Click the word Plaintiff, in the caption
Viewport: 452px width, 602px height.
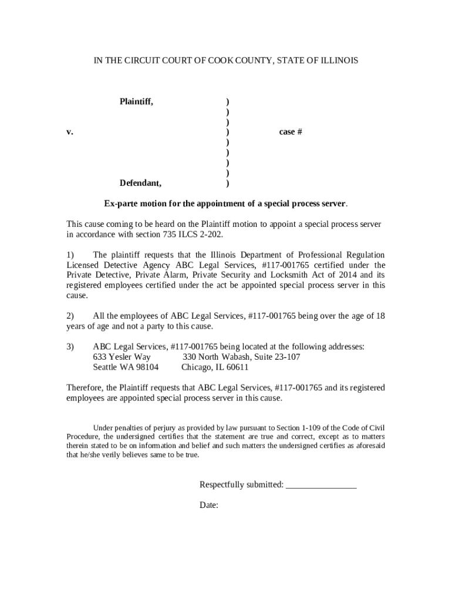click(x=136, y=102)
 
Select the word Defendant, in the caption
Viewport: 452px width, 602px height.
click(x=140, y=183)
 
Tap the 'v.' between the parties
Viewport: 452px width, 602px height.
click(x=69, y=132)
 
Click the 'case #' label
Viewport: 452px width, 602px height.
click(x=290, y=132)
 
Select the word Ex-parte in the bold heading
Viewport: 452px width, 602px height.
click(x=121, y=204)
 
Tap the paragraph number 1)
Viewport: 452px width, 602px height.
click(x=70, y=255)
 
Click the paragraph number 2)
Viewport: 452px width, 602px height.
click(x=70, y=316)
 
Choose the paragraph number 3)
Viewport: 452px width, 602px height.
click(x=70, y=346)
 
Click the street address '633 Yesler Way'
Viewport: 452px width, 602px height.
click(x=122, y=357)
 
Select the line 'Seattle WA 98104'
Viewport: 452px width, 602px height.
click(x=126, y=367)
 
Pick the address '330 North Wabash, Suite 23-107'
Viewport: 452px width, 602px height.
click(x=241, y=357)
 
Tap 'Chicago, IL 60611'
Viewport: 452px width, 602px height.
click(x=215, y=367)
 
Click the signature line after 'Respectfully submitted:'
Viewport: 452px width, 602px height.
click(x=321, y=485)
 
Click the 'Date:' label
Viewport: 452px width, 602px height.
click(x=209, y=505)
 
